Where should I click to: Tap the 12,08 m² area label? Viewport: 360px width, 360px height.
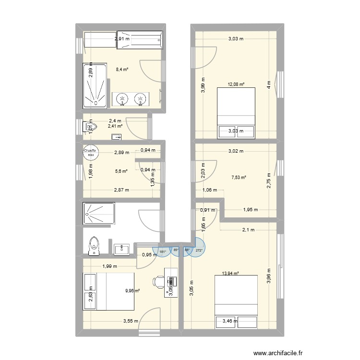[236, 85]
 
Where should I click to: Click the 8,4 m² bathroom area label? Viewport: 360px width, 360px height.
[122, 69]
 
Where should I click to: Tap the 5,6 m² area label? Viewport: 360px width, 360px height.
[120, 171]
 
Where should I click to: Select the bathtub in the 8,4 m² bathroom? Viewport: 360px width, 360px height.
[139, 40]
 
